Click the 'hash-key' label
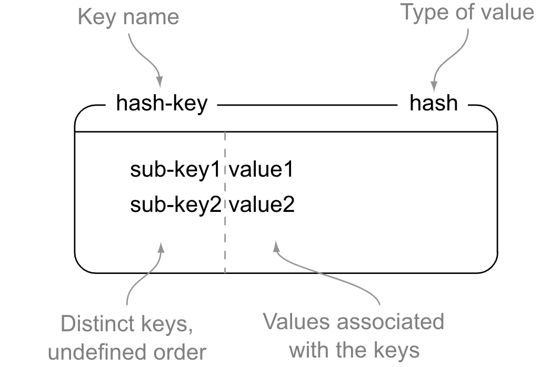click(x=162, y=104)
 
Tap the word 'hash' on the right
click(x=434, y=104)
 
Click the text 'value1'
click(x=261, y=171)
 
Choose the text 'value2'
click(x=262, y=205)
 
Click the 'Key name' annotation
click(x=128, y=17)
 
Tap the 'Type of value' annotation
click(x=468, y=12)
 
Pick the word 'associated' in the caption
click(x=400, y=321)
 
